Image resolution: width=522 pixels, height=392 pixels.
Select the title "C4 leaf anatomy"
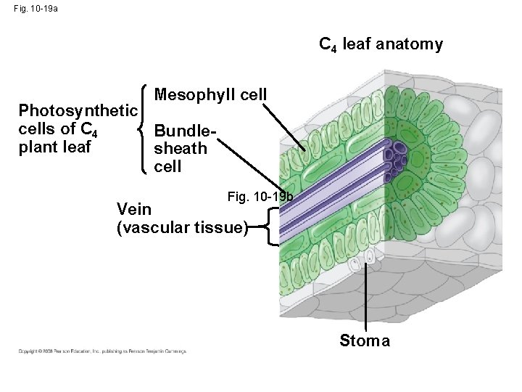[x=381, y=45]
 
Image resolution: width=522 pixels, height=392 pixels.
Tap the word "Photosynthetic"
[x=78, y=111]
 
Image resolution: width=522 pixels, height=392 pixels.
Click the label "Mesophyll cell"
[x=211, y=95]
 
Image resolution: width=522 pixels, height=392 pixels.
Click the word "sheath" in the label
[x=181, y=149]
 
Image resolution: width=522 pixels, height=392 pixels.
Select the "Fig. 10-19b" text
[x=260, y=197]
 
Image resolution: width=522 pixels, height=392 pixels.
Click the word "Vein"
[x=134, y=210]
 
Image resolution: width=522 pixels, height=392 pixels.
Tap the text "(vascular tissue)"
[x=182, y=227]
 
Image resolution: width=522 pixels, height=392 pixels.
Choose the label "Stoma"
[x=365, y=340]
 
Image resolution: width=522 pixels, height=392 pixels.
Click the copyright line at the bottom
[x=102, y=351]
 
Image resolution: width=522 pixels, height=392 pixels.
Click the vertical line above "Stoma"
[x=366, y=298]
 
